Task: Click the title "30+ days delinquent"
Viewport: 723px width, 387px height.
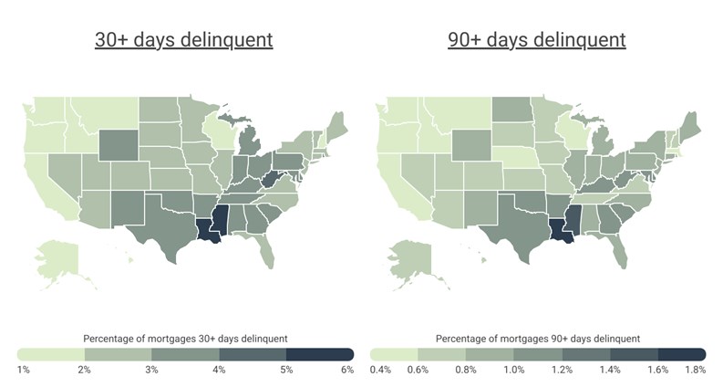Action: pos(184,40)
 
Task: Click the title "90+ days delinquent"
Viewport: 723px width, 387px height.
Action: pos(537,40)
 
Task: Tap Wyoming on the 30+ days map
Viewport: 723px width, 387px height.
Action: pos(117,143)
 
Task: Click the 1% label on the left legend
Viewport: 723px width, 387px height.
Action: pos(24,370)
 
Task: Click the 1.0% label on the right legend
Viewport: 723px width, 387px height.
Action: pos(538,370)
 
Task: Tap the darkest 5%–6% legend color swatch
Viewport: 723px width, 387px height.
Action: pos(320,353)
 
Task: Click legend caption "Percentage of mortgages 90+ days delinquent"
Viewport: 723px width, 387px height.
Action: pos(537,338)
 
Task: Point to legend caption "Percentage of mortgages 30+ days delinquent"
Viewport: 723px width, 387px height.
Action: pos(184,338)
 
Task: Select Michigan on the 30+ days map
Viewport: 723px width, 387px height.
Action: pos(252,146)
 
